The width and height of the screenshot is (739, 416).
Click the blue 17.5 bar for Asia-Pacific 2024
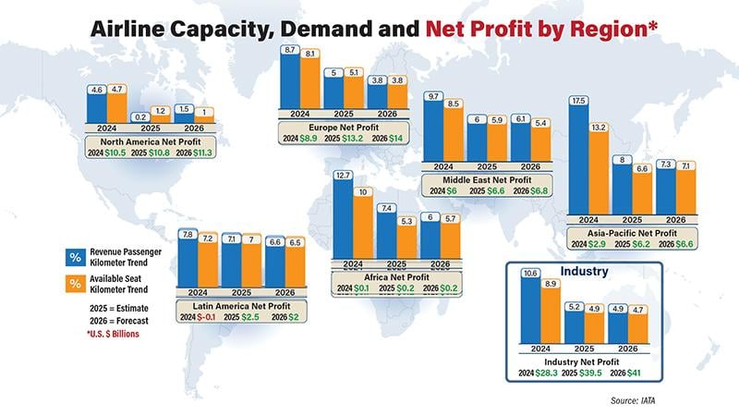click(579, 161)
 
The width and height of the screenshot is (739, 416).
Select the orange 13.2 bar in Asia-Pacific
click(599, 176)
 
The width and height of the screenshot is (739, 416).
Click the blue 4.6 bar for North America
click(96, 104)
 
